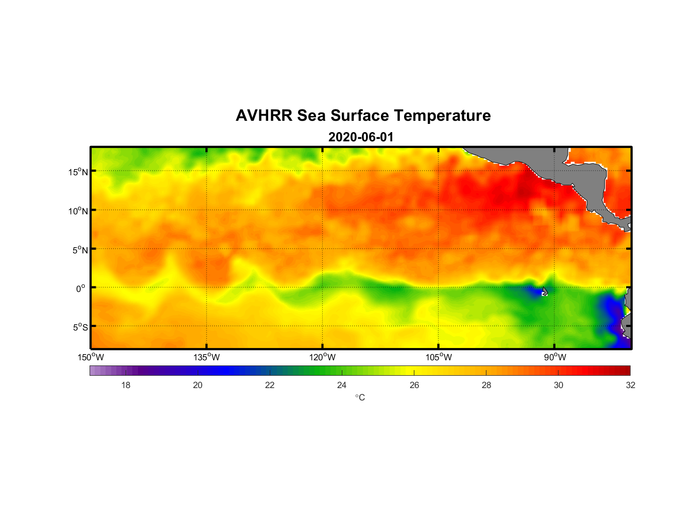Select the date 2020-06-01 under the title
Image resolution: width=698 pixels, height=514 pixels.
(x=361, y=137)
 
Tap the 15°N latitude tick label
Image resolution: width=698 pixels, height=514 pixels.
(x=78, y=172)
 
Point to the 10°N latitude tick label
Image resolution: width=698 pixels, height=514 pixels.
(x=78, y=211)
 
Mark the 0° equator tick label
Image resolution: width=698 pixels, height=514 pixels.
(x=81, y=288)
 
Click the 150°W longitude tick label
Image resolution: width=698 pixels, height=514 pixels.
(x=91, y=357)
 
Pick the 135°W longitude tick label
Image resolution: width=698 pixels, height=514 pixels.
(x=206, y=357)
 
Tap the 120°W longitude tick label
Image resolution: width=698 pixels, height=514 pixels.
(x=322, y=357)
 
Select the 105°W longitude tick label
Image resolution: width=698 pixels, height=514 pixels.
(x=439, y=357)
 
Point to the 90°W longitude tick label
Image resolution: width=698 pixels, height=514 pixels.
(x=555, y=357)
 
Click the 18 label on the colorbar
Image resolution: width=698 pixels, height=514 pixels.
(x=126, y=385)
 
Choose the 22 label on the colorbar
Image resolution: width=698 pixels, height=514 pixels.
(x=270, y=385)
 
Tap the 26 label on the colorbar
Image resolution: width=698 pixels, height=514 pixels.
(x=414, y=385)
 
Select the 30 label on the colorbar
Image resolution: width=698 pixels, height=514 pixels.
(x=559, y=385)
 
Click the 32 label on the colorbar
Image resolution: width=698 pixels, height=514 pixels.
(x=631, y=385)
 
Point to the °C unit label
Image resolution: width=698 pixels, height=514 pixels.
(x=360, y=397)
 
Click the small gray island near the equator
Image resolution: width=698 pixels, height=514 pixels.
(x=545, y=291)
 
